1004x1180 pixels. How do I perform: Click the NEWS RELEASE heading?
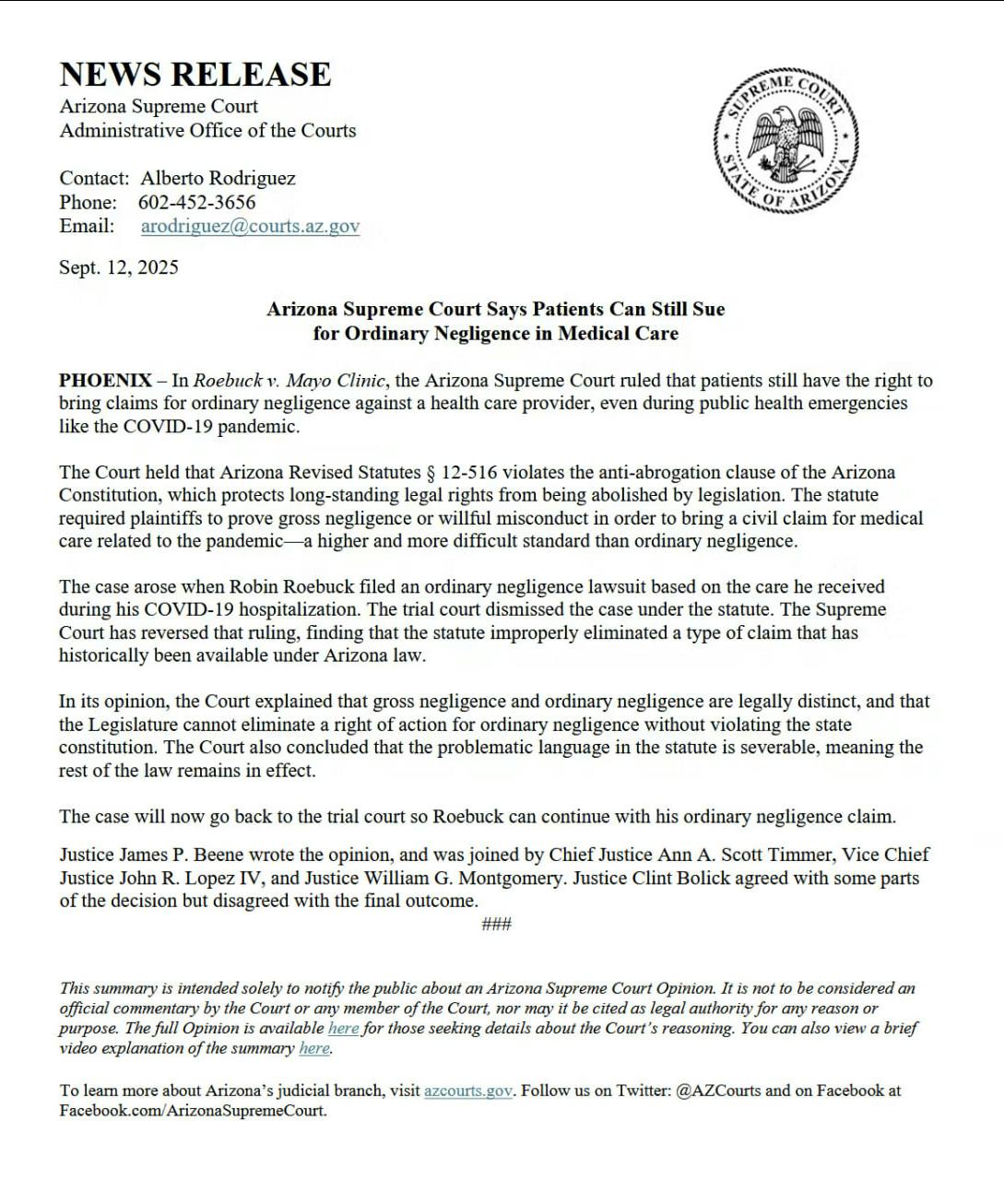195,74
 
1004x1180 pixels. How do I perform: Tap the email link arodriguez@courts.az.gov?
250,226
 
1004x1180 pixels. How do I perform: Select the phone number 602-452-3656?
196,202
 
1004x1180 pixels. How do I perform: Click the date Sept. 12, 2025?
119,267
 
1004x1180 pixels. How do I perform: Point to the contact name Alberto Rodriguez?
218,178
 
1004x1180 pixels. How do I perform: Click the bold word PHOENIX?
105,380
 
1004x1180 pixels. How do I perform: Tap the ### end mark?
496,924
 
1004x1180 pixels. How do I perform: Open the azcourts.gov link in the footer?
467,1091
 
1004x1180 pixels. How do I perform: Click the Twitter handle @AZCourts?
718,1091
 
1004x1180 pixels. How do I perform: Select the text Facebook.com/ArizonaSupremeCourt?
193,1110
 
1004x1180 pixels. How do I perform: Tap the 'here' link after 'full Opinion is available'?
343,1028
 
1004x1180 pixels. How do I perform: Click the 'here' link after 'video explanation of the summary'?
313,1048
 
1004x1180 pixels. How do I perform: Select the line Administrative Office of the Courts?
207,130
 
